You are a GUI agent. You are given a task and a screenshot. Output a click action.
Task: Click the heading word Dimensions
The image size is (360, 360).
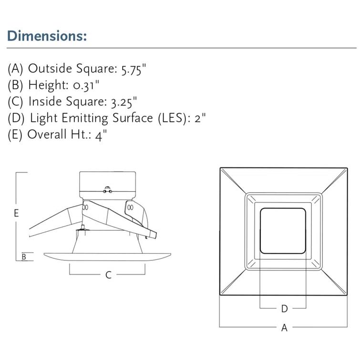click(46, 36)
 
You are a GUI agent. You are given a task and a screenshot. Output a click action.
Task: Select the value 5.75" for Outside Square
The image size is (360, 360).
click(131, 69)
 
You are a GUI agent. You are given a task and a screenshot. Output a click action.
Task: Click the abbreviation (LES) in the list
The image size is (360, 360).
click(173, 118)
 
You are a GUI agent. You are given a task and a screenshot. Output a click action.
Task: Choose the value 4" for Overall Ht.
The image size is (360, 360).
click(100, 135)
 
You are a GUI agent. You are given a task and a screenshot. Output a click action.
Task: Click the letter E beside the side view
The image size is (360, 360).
click(16, 213)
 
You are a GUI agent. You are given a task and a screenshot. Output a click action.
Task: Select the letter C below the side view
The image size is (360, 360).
click(108, 275)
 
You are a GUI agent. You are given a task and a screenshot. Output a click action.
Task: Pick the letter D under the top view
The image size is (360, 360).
click(284, 309)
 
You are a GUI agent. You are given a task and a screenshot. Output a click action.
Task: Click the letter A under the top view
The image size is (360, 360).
click(284, 328)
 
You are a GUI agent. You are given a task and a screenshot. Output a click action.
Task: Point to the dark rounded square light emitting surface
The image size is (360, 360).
click(283, 231)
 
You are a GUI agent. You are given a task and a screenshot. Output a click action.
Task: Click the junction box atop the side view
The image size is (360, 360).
click(107, 186)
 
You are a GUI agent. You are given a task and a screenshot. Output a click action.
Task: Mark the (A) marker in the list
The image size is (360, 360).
click(15, 69)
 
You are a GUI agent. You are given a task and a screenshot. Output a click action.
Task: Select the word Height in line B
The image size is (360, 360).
click(46, 85)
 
